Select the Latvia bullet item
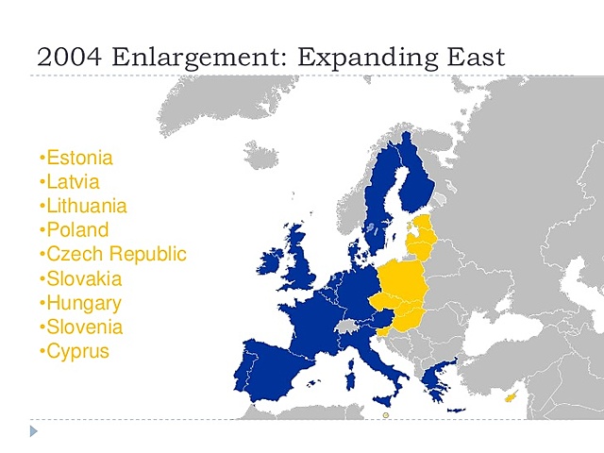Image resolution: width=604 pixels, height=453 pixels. pyautogui.click(x=73, y=182)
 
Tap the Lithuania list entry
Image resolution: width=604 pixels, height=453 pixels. pyautogui.click(x=86, y=206)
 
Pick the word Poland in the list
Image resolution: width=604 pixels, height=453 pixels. pyautogui.click(x=76, y=230)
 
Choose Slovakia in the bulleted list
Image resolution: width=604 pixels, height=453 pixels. pyautogui.click(x=84, y=279)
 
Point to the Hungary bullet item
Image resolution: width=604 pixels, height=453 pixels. pyautogui.click(x=83, y=304)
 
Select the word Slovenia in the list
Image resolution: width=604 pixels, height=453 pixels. pyautogui.click(x=84, y=327)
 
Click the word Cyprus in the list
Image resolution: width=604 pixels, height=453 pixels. pyautogui.click(x=77, y=352)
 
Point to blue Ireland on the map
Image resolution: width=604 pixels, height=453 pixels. pyautogui.click(x=275, y=260)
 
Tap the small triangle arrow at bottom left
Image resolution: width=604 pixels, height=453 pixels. pyautogui.click(x=34, y=431)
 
